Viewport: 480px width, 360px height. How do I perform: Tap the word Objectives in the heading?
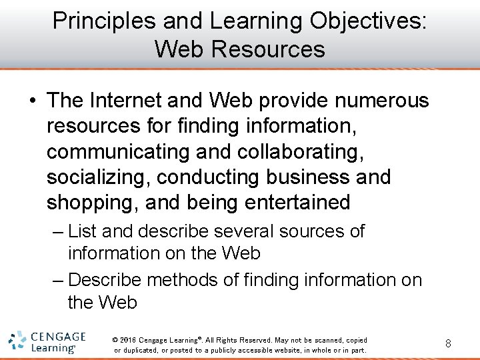(369, 21)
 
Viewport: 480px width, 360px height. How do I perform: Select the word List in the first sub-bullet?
(82, 231)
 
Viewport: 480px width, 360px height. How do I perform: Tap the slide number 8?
(448, 344)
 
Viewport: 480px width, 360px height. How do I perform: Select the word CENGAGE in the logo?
(58, 337)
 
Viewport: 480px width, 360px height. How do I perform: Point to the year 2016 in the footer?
(129, 339)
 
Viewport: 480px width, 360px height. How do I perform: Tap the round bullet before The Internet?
(31, 101)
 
